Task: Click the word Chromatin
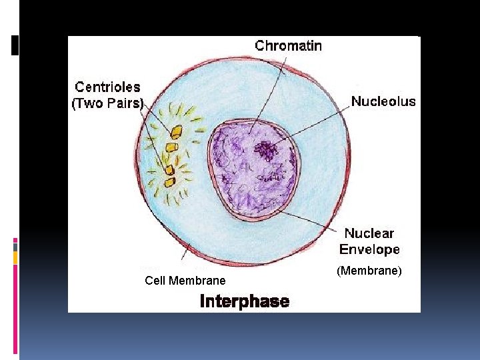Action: pyautogui.click(x=289, y=46)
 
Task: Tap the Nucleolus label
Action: pyautogui.click(x=383, y=102)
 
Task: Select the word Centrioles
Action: pyautogui.click(x=107, y=87)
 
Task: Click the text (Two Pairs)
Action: pyautogui.click(x=107, y=103)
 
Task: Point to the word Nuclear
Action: pyautogui.click(x=369, y=233)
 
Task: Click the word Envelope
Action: pyautogui.click(x=369, y=249)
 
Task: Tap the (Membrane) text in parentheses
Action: pyautogui.click(x=369, y=270)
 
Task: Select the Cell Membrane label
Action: pyautogui.click(x=185, y=281)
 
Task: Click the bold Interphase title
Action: pyautogui.click(x=245, y=301)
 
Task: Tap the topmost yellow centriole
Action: pyautogui.click(x=177, y=132)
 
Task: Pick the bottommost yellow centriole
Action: pyautogui.click(x=169, y=181)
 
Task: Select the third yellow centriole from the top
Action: pyautogui.click(x=169, y=169)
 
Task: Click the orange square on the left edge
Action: pyautogui.click(x=15, y=257)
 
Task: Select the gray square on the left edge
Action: pyautogui.click(x=15, y=246)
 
